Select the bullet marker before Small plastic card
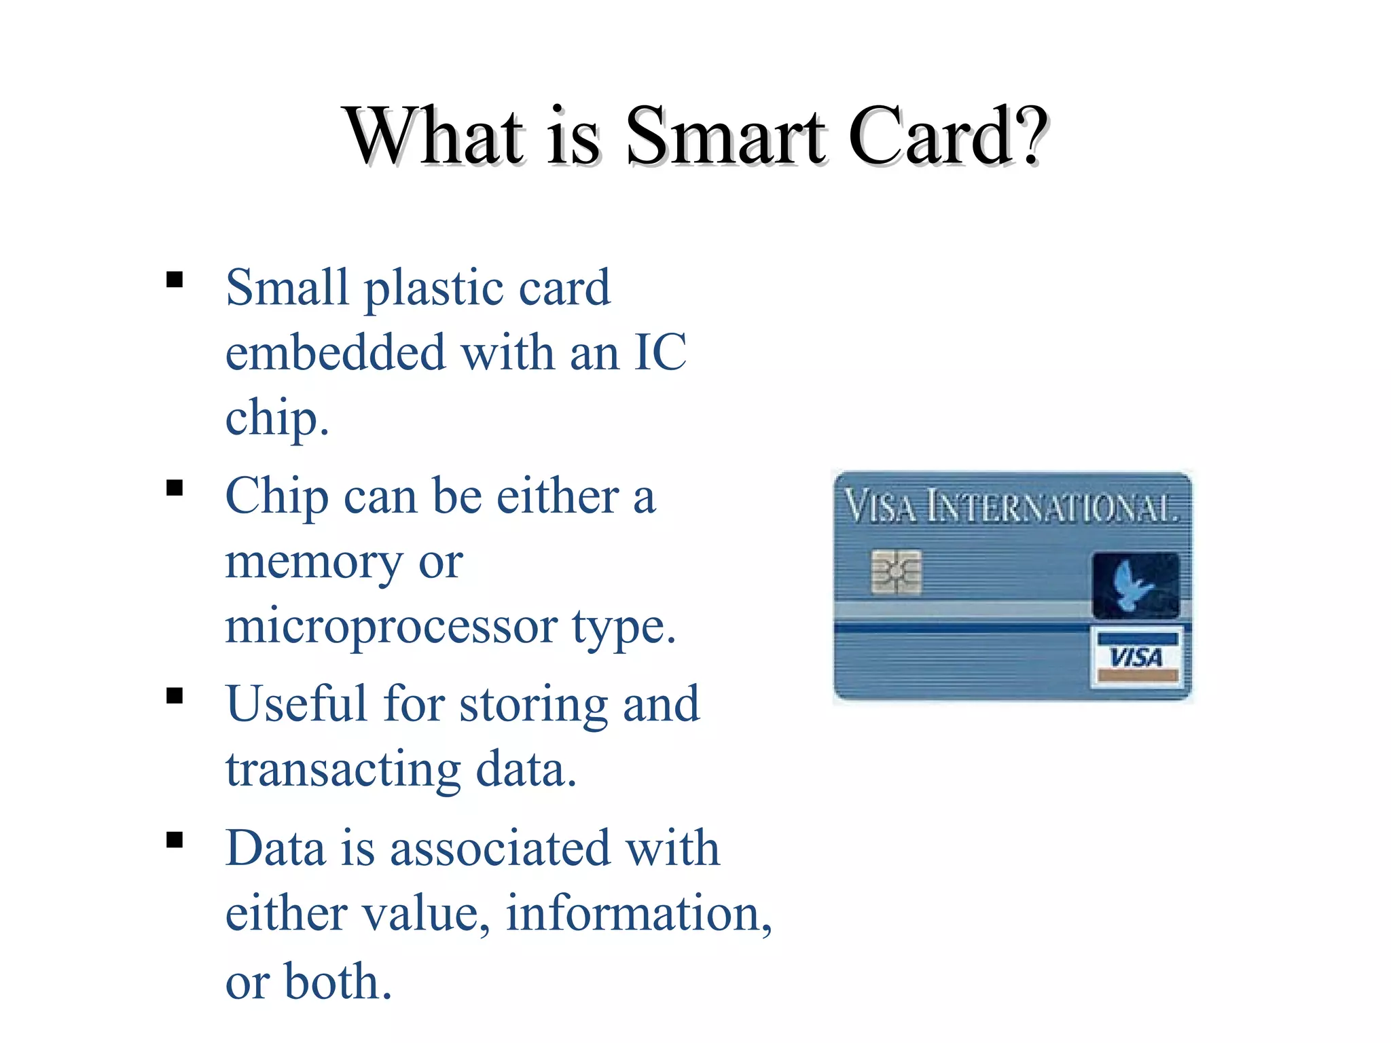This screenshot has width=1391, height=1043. click(175, 280)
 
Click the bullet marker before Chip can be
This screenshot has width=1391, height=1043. click(175, 488)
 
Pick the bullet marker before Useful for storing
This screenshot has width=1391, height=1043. click(175, 696)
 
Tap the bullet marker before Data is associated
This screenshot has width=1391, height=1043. click(175, 841)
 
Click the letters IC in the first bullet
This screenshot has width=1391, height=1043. click(660, 352)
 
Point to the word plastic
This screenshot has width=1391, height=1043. click(433, 289)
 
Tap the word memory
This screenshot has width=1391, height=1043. click(314, 563)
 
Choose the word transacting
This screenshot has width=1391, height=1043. click(343, 771)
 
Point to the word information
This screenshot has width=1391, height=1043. click(638, 913)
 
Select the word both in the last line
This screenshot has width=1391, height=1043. click(338, 981)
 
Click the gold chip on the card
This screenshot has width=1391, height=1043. click(896, 572)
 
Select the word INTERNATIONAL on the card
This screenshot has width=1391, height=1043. click(1052, 509)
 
